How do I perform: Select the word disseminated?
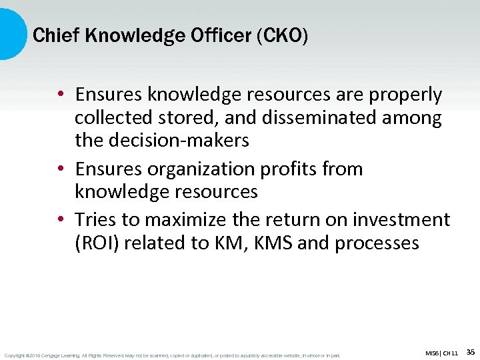click(x=309, y=118)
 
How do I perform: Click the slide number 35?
click(x=470, y=351)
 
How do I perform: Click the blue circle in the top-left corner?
click(x=9, y=33)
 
